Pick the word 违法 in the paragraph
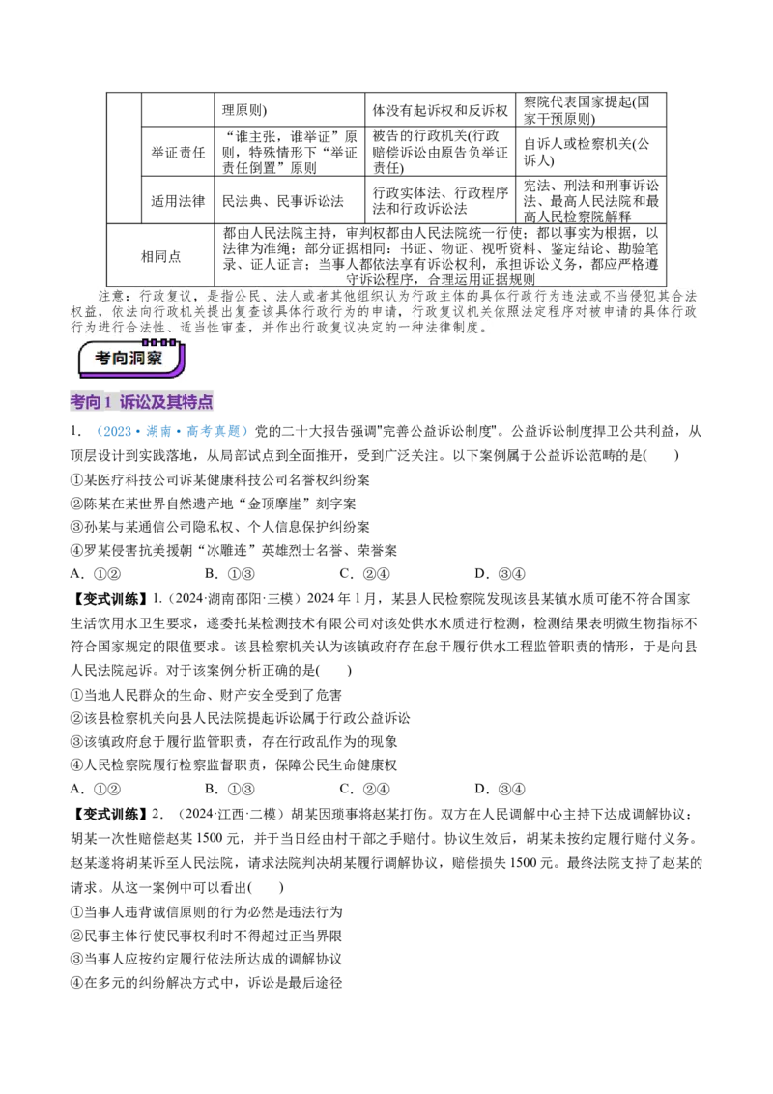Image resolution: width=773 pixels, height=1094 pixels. pos(565,295)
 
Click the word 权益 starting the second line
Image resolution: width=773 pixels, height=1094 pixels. pos(84,312)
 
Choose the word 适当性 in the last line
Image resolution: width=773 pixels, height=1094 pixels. pos(223,329)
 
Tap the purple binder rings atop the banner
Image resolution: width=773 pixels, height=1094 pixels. pos(152,342)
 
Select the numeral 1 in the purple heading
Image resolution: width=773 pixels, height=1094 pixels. pos(109,402)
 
